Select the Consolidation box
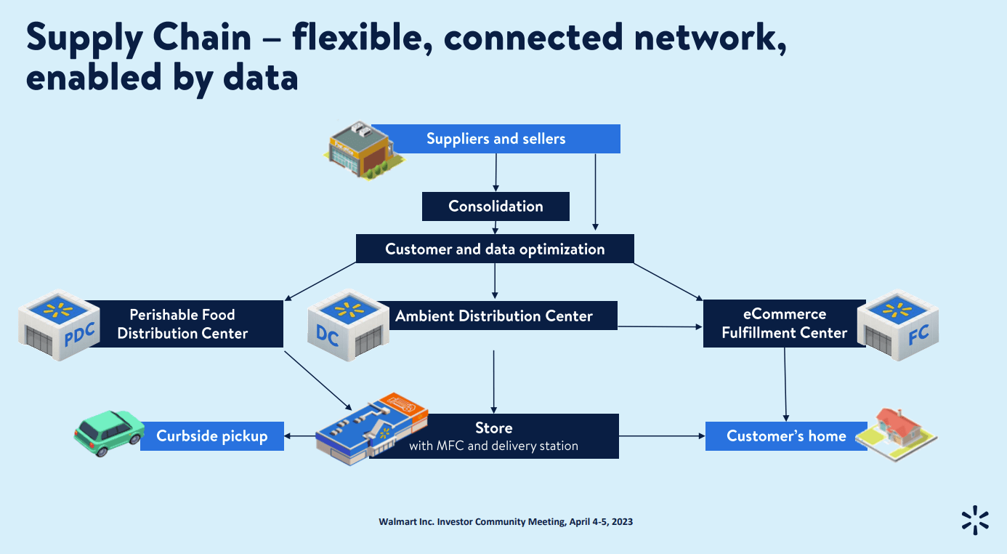tap(496, 206)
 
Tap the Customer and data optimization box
tap(495, 249)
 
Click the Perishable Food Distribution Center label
tap(183, 324)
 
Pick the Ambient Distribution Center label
tap(494, 316)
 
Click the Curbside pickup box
tap(212, 436)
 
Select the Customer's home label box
tap(786, 436)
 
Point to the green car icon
tap(109, 433)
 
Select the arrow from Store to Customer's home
tap(662, 436)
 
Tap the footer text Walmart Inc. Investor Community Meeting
tap(505, 522)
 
